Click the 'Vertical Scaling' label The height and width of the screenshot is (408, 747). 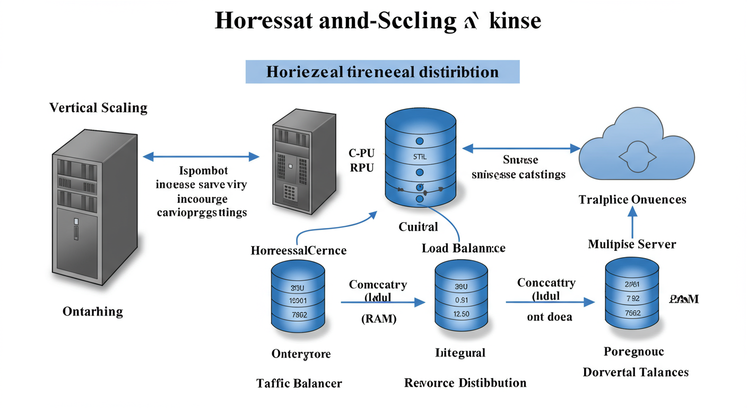[98, 108]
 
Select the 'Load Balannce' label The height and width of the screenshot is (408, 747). [463, 248]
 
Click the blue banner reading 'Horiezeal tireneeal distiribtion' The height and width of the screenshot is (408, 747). [382, 72]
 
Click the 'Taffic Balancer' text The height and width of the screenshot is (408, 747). [299, 383]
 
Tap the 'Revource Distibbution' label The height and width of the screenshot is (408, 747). [465, 382]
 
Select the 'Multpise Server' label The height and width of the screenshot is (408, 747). [632, 244]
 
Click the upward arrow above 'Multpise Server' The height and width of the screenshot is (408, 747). [632, 220]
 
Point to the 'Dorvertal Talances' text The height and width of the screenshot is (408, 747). [636, 372]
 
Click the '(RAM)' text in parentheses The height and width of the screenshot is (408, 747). [378, 319]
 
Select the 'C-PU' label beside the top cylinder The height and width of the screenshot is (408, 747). [361, 154]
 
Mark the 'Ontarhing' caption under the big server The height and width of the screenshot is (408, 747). [92, 311]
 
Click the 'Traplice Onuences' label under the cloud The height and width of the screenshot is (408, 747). [632, 199]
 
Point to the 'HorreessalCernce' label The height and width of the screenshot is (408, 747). [299, 250]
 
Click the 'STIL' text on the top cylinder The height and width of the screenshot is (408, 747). [419, 157]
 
